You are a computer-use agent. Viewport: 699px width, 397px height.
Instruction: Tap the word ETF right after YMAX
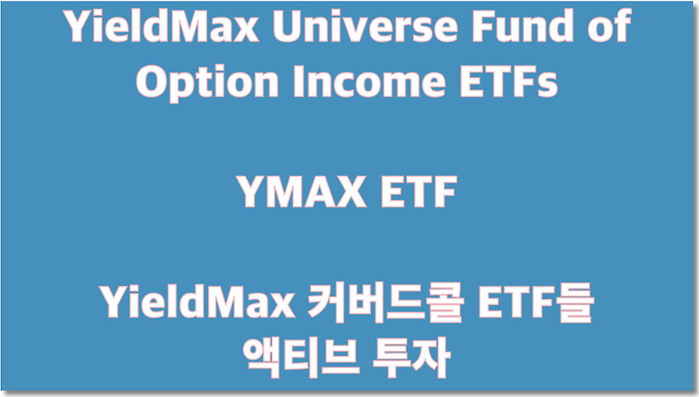pyautogui.click(x=421, y=193)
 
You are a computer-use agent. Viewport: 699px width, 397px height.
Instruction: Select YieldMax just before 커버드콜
pyautogui.click(x=190, y=305)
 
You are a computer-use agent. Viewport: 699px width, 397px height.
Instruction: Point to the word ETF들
pyautogui.click(x=535, y=305)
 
